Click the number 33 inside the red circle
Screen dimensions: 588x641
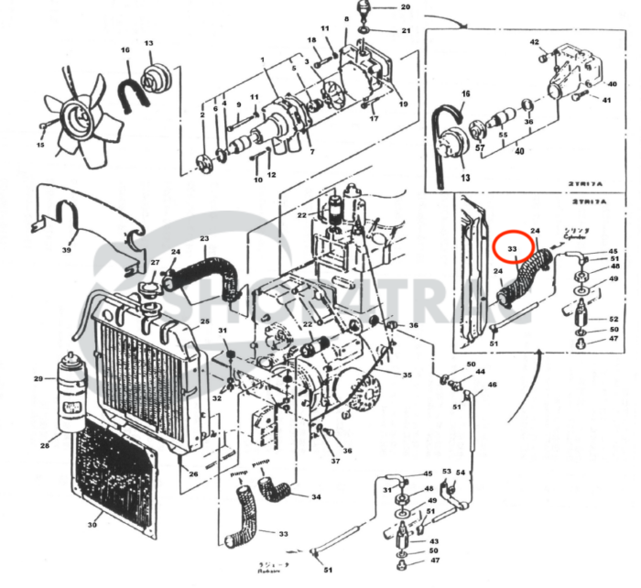point(513,248)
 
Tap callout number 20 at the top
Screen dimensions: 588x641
point(406,8)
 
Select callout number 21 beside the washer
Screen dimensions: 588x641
point(406,31)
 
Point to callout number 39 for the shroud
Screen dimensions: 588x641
point(66,250)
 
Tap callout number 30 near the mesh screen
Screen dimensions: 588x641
point(92,525)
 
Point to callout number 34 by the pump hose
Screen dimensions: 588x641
point(316,497)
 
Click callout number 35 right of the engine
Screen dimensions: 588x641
point(407,376)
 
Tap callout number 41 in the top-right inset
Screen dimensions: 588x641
point(605,100)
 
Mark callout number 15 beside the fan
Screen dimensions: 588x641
point(40,145)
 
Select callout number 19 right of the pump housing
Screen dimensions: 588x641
point(402,105)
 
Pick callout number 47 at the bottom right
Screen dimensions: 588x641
point(435,561)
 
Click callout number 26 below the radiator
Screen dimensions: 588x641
point(193,474)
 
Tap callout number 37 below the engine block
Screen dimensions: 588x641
point(335,462)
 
